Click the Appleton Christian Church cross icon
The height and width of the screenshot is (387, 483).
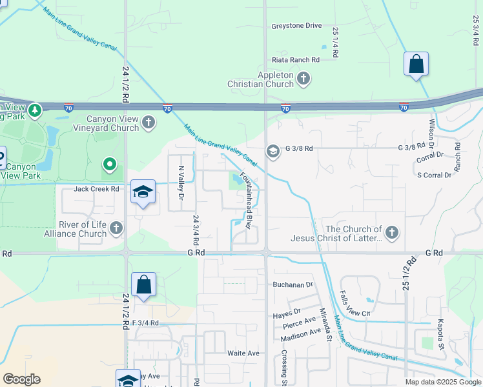click(x=303, y=79)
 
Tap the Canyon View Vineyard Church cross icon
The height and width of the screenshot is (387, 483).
click(x=149, y=123)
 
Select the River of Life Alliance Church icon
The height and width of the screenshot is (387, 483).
click(x=116, y=228)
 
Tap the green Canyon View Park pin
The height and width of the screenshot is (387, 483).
click(x=110, y=166)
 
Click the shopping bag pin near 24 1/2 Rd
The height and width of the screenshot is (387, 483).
click(x=143, y=284)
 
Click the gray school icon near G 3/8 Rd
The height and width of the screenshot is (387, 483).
click(x=272, y=151)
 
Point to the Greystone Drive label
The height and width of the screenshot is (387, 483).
click(x=296, y=26)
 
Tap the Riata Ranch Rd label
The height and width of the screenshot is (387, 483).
click(x=296, y=59)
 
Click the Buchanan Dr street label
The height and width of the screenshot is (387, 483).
click(x=292, y=284)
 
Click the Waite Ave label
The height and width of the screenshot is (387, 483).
click(x=243, y=353)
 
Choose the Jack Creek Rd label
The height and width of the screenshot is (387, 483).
click(x=97, y=189)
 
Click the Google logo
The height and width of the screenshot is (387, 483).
click(x=21, y=379)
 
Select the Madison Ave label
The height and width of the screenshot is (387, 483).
click(x=301, y=332)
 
